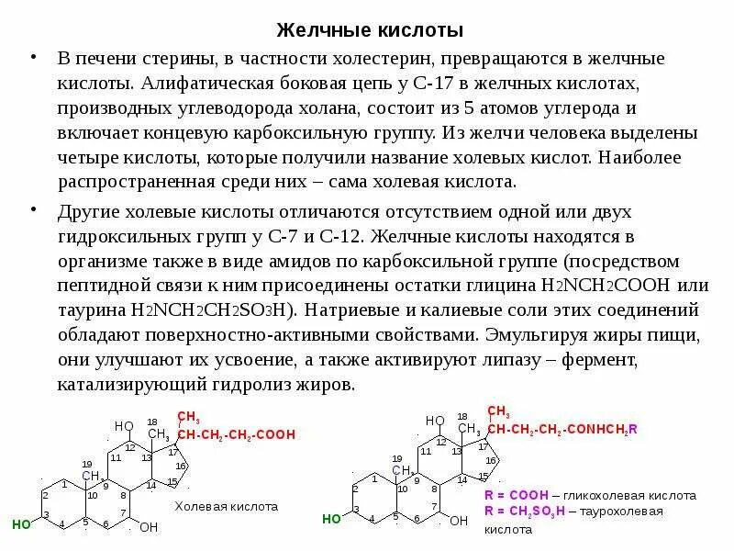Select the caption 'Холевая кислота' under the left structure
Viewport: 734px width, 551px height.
click(226, 506)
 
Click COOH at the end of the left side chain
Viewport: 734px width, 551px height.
click(277, 434)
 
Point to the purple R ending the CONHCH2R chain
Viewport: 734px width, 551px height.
click(633, 430)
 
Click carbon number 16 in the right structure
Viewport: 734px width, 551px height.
click(491, 460)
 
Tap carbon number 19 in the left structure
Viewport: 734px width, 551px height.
click(87, 463)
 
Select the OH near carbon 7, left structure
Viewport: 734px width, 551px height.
click(149, 527)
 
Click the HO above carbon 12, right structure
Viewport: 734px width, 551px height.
click(434, 421)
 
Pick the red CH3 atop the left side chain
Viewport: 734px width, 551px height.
click(188, 416)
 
